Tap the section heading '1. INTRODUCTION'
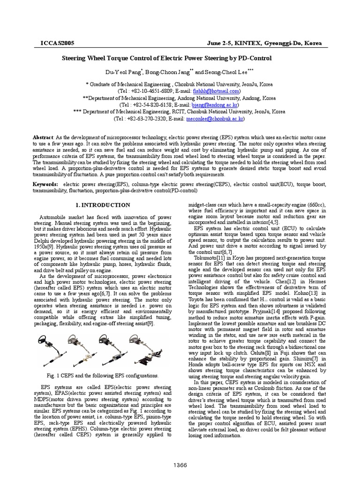point(103,205)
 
